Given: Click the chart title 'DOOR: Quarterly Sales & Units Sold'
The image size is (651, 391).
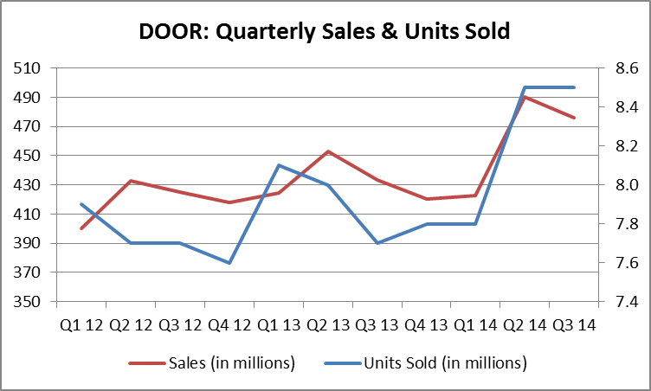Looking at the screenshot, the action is click(x=325, y=31).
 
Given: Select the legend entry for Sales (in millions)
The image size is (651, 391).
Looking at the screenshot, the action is click(x=212, y=363).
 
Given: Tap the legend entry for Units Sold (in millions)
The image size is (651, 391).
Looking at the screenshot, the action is click(x=426, y=363).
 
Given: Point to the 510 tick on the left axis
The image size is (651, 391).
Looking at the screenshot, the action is click(x=27, y=68).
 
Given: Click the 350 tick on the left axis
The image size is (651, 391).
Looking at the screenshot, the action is click(x=27, y=302).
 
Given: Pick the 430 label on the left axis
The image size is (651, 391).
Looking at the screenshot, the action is click(x=27, y=185).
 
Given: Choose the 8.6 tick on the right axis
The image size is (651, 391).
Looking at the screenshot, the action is click(x=627, y=68).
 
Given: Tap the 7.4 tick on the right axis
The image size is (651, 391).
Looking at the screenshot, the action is click(x=627, y=302).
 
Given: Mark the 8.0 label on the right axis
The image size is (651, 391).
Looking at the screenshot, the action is click(x=627, y=185).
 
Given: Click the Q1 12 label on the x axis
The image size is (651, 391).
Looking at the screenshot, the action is click(x=81, y=325).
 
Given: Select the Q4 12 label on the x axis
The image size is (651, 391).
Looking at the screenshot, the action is click(x=229, y=325).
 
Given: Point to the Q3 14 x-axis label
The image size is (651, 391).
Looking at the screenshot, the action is click(x=575, y=325).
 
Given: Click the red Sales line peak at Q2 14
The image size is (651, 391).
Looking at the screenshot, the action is click(x=525, y=97).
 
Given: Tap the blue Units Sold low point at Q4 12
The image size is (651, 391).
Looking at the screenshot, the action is click(x=229, y=263).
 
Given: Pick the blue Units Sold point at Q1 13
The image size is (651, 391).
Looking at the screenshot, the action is click(x=279, y=165).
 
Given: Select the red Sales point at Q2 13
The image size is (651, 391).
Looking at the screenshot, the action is click(x=328, y=151).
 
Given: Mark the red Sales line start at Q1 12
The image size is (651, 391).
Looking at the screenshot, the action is click(x=81, y=228).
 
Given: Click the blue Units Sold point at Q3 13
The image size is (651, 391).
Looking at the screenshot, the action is click(x=377, y=243).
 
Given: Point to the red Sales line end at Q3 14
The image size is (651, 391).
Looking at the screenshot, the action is click(x=574, y=118).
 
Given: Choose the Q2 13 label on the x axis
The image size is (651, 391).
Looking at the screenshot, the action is click(x=328, y=325).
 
